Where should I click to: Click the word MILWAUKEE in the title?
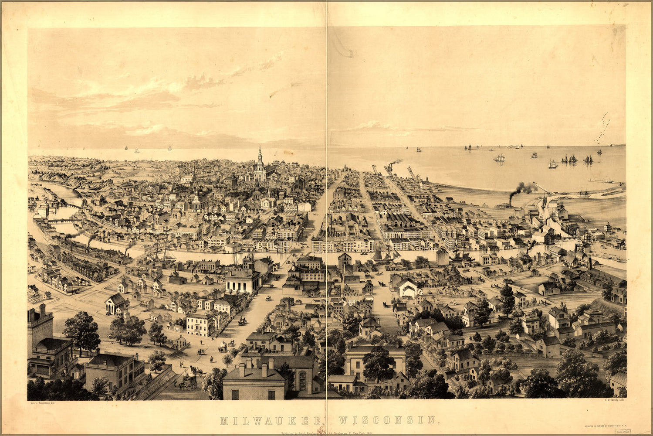tap(271, 420)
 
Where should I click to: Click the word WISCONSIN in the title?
tap(388, 420)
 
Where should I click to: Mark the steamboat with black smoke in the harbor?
tap(505, 203)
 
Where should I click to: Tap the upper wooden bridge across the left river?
tap(70, 204)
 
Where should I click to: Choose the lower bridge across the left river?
tap(61, 221)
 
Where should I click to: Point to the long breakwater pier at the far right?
tap(606, 181)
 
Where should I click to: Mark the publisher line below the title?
tap(327, 433)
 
